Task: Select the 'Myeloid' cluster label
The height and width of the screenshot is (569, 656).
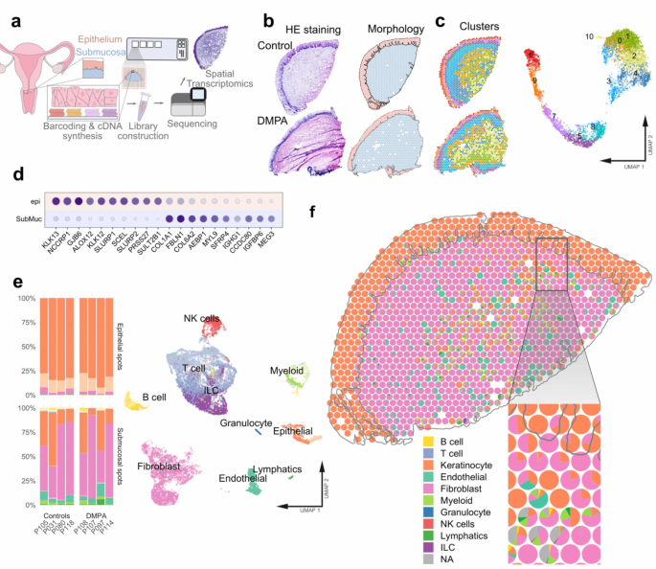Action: pos(286,369)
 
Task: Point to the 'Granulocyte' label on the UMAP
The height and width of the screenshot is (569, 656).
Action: pos(246,421)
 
